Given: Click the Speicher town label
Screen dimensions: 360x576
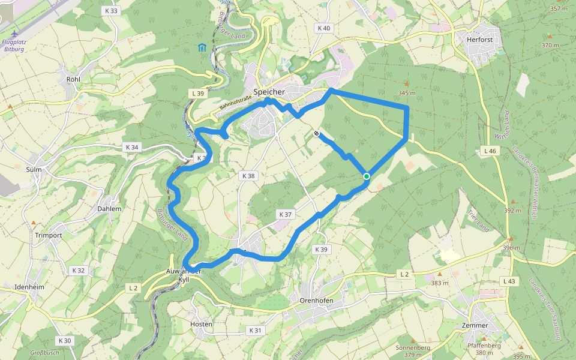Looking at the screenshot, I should point(269,92).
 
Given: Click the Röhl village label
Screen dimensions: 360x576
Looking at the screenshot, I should point(73,79).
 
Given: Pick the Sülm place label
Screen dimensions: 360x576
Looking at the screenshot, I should point(34,169).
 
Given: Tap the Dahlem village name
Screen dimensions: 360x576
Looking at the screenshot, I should point(109,209).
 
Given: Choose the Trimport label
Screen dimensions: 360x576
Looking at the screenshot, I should point(49,235).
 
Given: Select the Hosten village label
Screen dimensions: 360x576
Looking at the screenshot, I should point(201,324).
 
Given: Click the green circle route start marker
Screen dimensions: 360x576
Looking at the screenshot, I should point(366,176).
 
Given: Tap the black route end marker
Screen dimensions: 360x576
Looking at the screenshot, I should point(316,133).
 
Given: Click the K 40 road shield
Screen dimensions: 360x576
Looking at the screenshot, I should point(323,28).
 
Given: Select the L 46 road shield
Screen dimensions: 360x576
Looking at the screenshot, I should point(490,151).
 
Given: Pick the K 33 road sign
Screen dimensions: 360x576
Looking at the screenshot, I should point(111,11).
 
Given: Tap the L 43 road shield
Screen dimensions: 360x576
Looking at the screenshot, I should point(509,281).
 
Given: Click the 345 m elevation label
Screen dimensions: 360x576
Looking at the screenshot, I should point(406,93).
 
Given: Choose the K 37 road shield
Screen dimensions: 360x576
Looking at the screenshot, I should point(285,214).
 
